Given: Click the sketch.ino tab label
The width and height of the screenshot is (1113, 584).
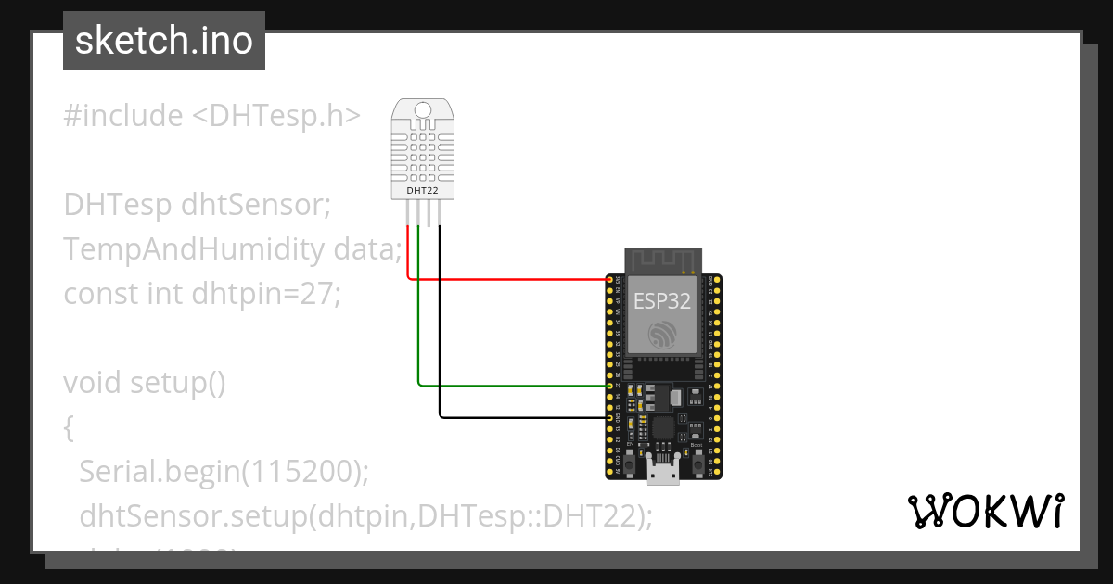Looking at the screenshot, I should tap(163, 41).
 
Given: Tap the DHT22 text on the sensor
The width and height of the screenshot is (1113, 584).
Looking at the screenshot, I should tap(423, 191).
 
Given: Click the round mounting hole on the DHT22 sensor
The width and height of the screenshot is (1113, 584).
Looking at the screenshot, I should tap(423, 110).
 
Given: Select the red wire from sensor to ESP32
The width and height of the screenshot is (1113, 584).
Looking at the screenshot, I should tap(510, 278).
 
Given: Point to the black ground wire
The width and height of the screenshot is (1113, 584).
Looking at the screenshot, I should tap(519, 418).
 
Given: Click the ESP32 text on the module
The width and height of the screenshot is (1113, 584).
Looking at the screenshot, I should tap(661, 300).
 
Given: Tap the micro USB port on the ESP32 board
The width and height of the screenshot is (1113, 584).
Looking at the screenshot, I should tap(662, 474).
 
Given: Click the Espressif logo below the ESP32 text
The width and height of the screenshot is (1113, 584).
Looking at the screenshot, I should tap(661, 335).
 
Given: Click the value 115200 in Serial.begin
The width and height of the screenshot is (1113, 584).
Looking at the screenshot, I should tap(298, 472).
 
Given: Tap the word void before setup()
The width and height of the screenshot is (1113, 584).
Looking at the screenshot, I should tap(93, 383).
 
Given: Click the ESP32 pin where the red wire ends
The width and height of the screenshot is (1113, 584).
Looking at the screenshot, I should tap(610, 279).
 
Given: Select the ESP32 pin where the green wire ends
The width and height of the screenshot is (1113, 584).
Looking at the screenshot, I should tap(610, 385).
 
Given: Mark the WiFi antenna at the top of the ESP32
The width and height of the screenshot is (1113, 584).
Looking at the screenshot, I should tap(661, 260).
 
